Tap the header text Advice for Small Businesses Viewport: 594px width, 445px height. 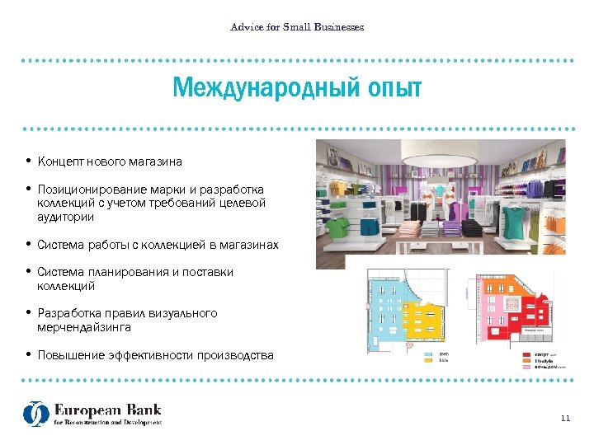297,27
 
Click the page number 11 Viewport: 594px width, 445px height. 565,419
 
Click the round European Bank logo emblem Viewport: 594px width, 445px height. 36,414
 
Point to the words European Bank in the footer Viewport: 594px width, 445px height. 108,410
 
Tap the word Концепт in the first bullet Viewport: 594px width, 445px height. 63,162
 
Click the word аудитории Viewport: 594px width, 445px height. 66,218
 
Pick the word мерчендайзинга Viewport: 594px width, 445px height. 84,327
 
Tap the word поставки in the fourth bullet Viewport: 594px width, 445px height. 210,272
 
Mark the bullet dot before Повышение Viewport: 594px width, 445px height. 28,355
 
